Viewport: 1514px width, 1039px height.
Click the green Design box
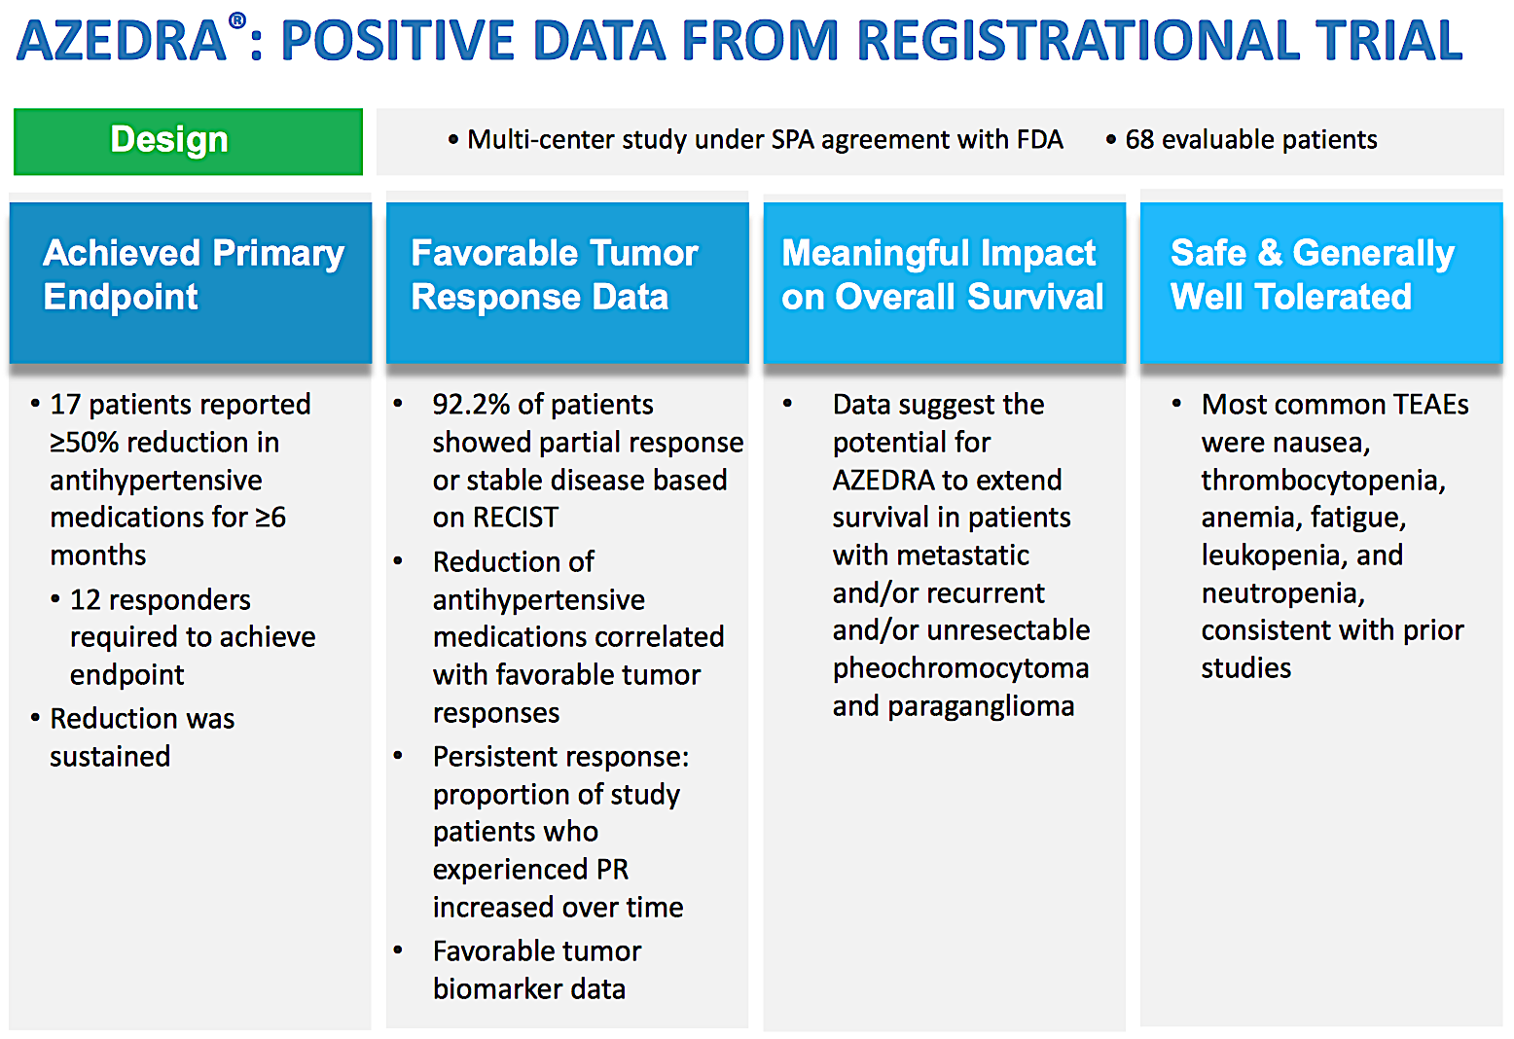pos(188,141)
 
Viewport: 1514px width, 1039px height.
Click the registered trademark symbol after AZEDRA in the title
pos(237,20)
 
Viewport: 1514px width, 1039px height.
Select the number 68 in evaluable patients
pos(1138,140)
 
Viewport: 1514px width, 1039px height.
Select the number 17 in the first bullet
pos(65,405)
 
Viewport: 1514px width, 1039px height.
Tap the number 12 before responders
pos(85,600)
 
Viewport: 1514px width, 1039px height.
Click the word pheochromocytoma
pos(960,668)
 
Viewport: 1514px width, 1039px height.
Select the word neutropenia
pos(1281,593)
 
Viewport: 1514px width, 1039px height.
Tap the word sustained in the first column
pos(110,757)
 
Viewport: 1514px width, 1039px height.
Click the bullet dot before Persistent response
pos(398,756)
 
